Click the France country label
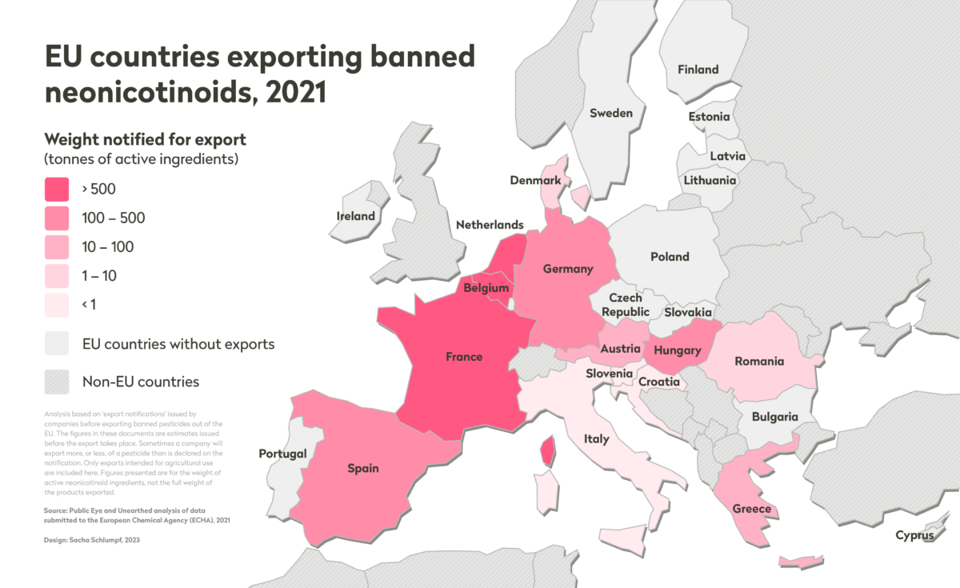pyautogui.click(x=464, y=357)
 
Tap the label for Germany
pyautogui.click(x=568, y=269)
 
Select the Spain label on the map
pyautogui.click(x=363, y=468)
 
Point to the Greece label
pyautogui.click(x=752, y=509)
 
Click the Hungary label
pyautogui.click(x=677, y=350)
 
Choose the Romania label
pyautogui.click(x=759, y=361)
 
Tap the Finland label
pyautogui.click(x=698, y=70)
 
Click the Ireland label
pyautogui.click(x=356, y=216)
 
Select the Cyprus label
pyautogui.click(x=914, y=535)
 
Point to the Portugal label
pyautogui.click(x=282, y=454)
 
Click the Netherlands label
pyautogui.click(x=490, y=225)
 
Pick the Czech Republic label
pyautogui.click(x=626, y=305)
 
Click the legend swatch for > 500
pyautogui.click(x=57, y=190)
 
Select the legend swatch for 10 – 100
pyautogui.click(x=57, y=247)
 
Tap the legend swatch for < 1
pyautogui.click(x=57, y=305)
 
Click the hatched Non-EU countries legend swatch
pyautogui.click(x=57, y=382)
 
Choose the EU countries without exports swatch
pyautogui.click(x=57, y=344)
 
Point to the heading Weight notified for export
pyautogui.click(x=145, y=139)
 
